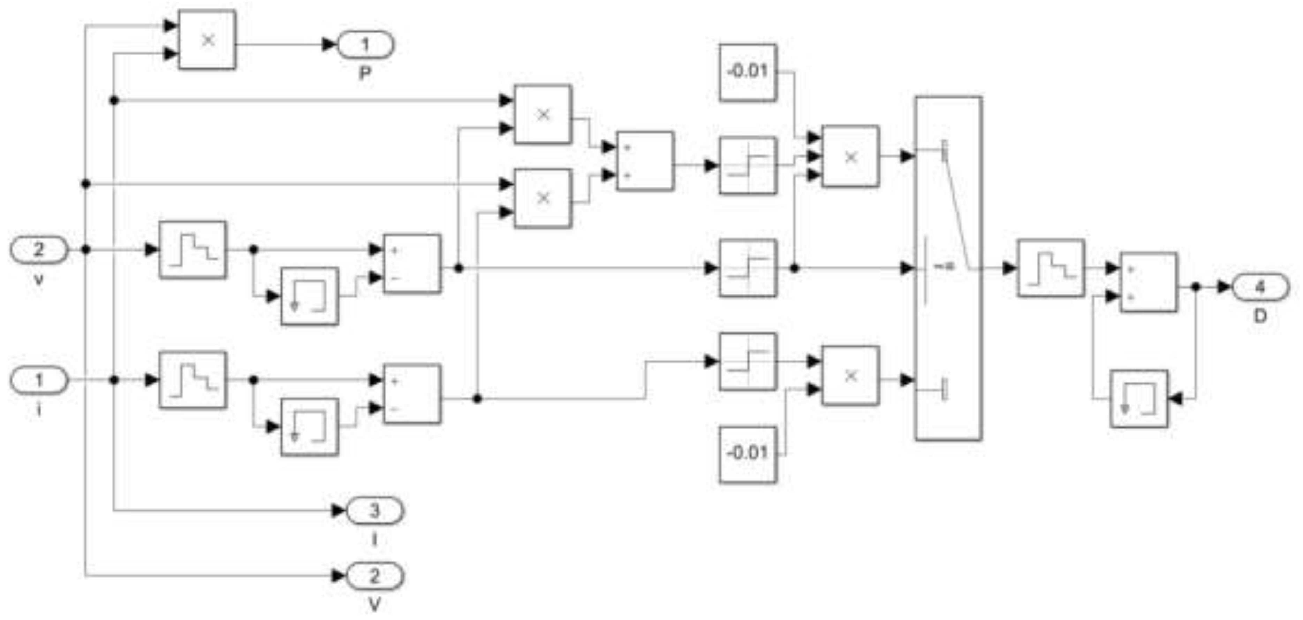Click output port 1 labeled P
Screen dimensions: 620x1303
pyautogui.click(x=365, y=45)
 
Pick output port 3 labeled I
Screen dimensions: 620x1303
pyautogui.click(x=374, y=510)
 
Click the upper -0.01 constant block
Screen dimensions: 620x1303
pyautogui.click(x=748, y=72)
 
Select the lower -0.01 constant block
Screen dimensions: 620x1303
pyautogui.click(x=748, y=454)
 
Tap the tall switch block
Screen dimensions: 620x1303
pyautogui.click(x=948, y=268)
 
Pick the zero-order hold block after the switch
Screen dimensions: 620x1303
pyautogui.click(x=1051, y=268)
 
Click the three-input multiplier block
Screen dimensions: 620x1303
pyautogui.click(x=850, y=156)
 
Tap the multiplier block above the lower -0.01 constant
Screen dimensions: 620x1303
pyautogui.click(x=850, y=376)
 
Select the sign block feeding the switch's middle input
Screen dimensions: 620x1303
pyautogui.click(x=748, y=268)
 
